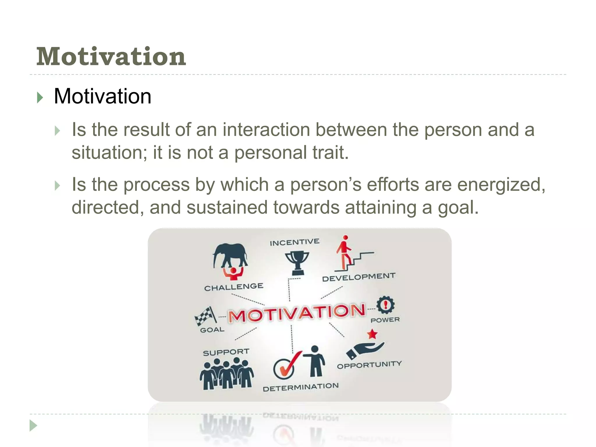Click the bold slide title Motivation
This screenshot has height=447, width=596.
point(111,56)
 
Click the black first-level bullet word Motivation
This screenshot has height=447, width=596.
point(102,96)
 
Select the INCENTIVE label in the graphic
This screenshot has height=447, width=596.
point(295,242)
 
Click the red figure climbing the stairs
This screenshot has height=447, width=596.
point(344,252)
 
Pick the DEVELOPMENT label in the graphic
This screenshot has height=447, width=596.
point(359,277)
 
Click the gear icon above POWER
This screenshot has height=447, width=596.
point(385,305)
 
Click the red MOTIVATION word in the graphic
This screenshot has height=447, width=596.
point(297,313)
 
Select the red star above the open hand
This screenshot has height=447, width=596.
point(372,334)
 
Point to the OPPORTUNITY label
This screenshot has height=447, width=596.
point(369,365)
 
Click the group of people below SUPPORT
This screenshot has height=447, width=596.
point(226,374)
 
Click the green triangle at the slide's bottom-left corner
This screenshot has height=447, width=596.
point(33,426)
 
